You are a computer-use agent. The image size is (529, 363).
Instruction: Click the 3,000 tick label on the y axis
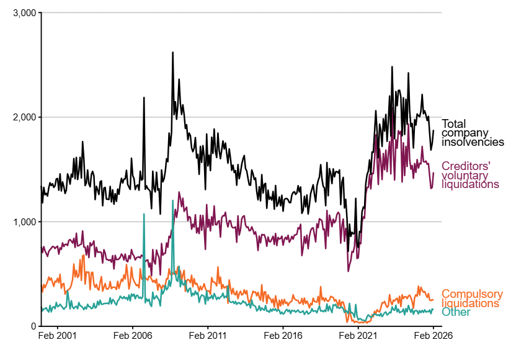tap(24, 12)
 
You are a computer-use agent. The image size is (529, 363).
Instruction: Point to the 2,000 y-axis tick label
tap(24, 117)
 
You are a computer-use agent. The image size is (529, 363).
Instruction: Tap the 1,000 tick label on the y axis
tap(24, 222)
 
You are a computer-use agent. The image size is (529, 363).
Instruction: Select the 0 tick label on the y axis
tap(32, 326)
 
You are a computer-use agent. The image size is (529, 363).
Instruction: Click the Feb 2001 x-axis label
tap(57, 336)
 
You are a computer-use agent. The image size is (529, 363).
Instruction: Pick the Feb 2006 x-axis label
tap(132, 336)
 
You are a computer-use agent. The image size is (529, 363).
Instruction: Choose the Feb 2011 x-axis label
tap(207, 336)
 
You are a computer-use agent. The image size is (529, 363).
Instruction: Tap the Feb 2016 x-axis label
tap(283, 336)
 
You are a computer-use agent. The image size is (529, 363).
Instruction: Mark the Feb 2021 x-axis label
tap(358, 336)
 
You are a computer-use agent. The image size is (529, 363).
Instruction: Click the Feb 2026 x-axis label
tap(433, 336)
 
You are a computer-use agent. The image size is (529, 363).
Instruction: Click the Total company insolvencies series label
tap(472, 133)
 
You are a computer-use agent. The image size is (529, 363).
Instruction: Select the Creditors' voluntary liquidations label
tap(470, 175)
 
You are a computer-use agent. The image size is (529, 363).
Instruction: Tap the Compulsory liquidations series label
tap(472, 298)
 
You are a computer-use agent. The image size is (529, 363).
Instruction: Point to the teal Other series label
tap(456, 312)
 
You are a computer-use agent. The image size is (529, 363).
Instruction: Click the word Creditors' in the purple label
tap(466, 166)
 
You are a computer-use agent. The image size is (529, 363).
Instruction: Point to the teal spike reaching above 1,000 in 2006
tap(144, 215)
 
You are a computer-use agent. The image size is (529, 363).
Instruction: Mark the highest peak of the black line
tap(172, 53)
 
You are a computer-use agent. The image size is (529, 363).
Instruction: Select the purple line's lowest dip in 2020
tap(349, 271)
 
